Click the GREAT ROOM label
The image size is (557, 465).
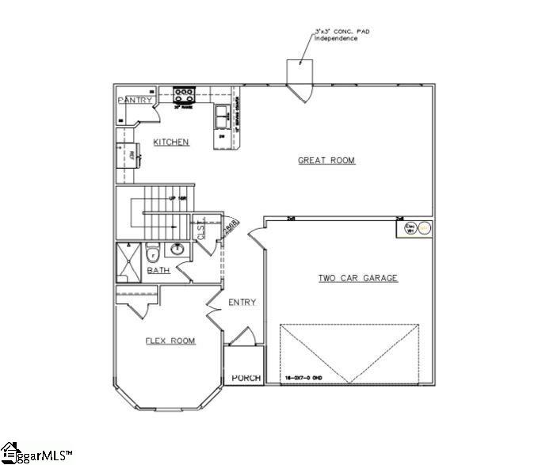coord(326,161)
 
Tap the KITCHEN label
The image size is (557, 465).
coord(171,143)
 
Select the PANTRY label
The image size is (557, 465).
coord(135,101)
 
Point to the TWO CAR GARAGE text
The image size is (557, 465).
coord(357,278)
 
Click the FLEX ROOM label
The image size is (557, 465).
coord(170,341)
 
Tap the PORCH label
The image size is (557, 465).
coord(246,379)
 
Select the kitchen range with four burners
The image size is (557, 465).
coord(185,94)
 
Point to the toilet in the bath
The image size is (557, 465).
coord(153,254)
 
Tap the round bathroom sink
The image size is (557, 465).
coord(178,250)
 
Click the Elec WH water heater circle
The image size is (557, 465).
coord(424,227)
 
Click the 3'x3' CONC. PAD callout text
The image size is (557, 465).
coord(343,34)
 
